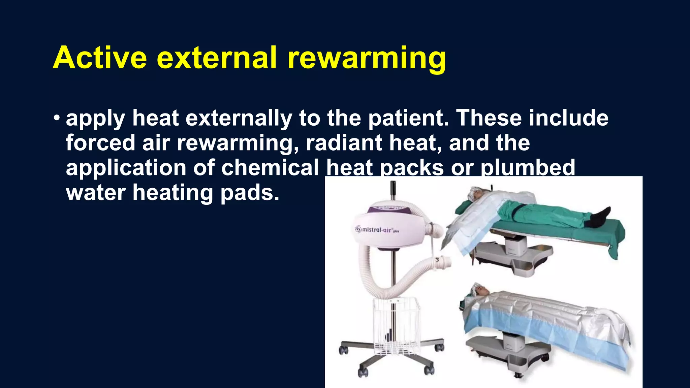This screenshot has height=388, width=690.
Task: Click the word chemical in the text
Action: [270, 168]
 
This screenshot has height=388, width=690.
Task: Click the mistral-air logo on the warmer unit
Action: [377, 230]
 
